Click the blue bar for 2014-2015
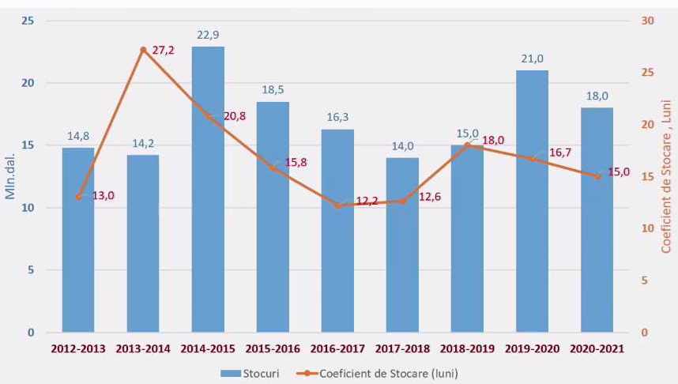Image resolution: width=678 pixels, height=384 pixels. pyautogui.click(x=208, y=190)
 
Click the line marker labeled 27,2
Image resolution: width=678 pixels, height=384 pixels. pyautogui.click(x=143, y=50)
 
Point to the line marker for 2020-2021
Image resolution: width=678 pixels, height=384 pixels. pyautogui.click(x=597, y=176)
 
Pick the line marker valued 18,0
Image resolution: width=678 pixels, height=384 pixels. pyautogui.click(x=468, y=145)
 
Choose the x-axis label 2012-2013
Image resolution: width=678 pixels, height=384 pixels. pyautogui.click(x=78, y=348)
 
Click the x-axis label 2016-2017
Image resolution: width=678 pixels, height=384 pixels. pyautogui.click(x=337, y=348)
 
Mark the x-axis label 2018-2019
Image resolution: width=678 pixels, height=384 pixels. pyautogui.click(x=467, y=348)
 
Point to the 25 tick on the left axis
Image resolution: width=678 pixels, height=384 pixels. pyautogui.click(x=30, y=21)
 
